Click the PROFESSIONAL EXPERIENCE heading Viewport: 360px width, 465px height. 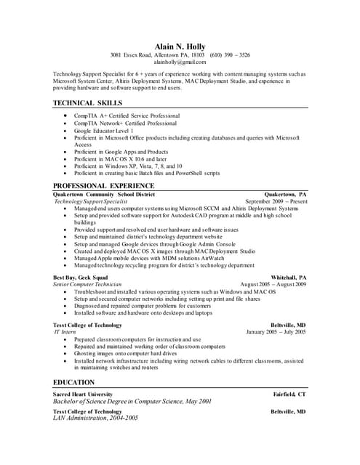pyautogui.click(x=103, y=185)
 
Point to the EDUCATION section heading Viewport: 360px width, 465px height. pyautogui.click(x=74, y=382)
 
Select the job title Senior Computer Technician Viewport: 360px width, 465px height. pyautogui.click(x=87, y=284)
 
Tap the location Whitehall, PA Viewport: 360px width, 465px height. pyautogui.click(x=289, y=278)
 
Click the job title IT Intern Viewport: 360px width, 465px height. pyautogui.click(x=65, y=332)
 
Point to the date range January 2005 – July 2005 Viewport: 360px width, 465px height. pyautogui.click(x=276, y=332)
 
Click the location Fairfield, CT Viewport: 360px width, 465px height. pyautogui.click(x=289, y=394)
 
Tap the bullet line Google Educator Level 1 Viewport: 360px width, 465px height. pyautogui.click(x=108, y=130)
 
